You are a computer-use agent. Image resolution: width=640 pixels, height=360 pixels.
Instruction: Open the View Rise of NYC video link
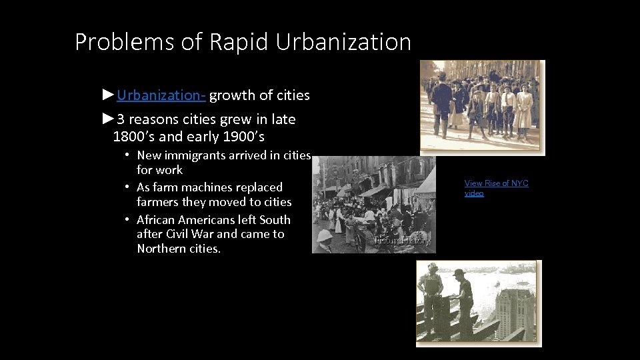click(496, 188)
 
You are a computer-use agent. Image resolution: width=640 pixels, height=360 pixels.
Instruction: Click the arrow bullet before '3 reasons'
click(109, 119)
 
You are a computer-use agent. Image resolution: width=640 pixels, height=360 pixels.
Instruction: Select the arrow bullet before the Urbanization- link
click(109, 95)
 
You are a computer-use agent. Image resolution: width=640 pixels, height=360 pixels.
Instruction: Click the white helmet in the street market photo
click(325, 235)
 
